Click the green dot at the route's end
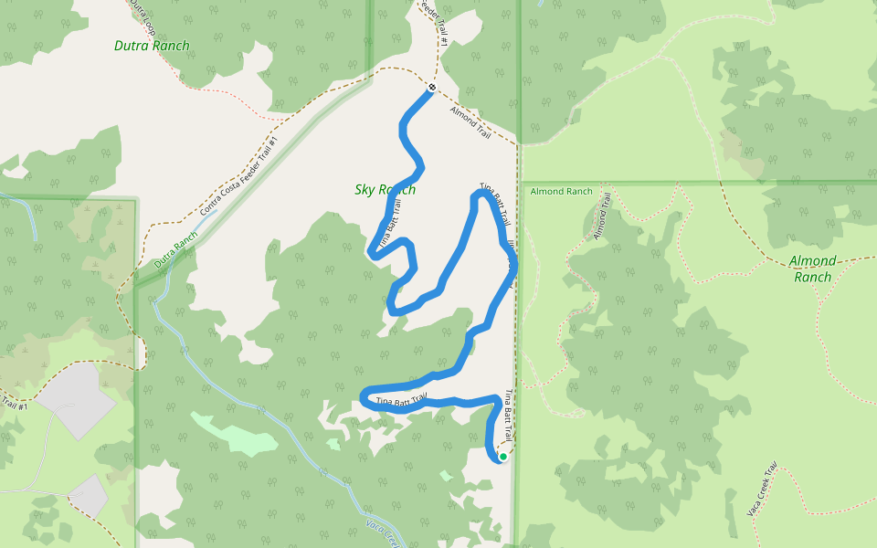tap(502, 457)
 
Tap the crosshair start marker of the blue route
tap(432, 88)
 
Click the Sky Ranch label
tap(385, 190)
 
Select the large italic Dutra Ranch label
tap(152, 46)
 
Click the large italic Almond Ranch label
tap(812, 269)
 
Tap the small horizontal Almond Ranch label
tap(561, 192)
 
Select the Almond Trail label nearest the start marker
tap(470, 122)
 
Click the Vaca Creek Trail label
tap(761, 490)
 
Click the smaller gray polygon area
tap(89, 495)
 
